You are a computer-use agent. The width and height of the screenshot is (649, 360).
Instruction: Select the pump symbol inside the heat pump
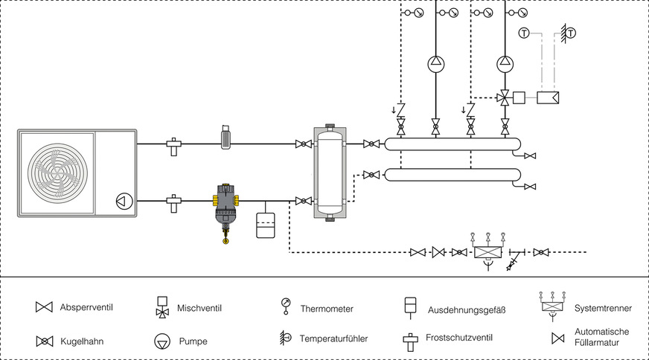coord(121,200)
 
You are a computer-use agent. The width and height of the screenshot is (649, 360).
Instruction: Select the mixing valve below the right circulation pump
coord(505,97)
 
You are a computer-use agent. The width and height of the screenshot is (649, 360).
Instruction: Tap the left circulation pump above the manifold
coord(435,64)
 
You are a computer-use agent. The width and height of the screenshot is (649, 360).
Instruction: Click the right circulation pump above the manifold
coord(505,64)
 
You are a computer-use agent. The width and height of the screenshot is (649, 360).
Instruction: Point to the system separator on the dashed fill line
coord(487,251)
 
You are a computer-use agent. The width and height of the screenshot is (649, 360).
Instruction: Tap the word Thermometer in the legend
coord(327,308)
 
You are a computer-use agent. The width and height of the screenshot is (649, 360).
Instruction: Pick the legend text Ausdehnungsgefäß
coord(467,308)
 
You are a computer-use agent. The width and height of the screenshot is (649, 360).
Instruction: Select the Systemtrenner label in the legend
coord(604,306)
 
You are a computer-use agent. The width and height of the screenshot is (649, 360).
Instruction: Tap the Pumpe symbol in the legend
coord(162,341)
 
